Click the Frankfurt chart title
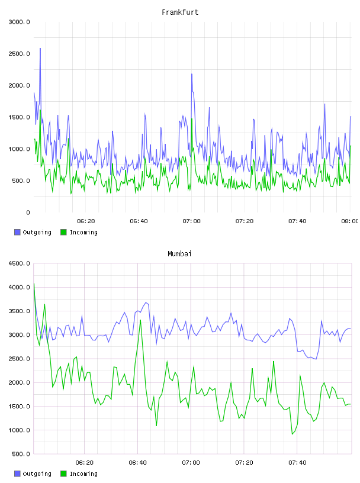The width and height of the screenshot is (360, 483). click(x=180, y=12)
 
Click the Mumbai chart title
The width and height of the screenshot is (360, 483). click(x=179, y=254)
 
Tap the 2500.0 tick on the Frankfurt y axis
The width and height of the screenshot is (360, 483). click(x=20, y=54)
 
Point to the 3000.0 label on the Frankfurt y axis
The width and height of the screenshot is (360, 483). click(x=20, y=22)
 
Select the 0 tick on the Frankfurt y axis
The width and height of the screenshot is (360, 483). click(x=28, y=212)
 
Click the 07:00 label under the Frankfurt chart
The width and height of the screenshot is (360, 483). click(x=191, y=221)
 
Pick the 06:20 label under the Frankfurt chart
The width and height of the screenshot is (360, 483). click(x=86, y=221)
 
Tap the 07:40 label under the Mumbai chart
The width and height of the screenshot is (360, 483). click(x=297, y=463)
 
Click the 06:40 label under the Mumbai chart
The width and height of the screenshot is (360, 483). click(x=138, y=463)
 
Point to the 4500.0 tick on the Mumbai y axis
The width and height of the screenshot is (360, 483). click(x=20, y=263)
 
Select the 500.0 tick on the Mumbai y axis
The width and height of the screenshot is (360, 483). click(x=21, y=454)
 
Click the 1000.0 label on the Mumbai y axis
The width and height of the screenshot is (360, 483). click(x=20, y=430)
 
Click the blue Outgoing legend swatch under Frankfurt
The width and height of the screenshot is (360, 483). click(x=17, y=232)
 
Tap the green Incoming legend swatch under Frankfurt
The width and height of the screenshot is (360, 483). click(x=63, y=232)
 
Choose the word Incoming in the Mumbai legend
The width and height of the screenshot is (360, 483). click(x=83, y=474)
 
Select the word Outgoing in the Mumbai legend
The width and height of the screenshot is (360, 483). click(x=37, y=474)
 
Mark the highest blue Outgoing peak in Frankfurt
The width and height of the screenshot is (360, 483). click(x=40, y=49)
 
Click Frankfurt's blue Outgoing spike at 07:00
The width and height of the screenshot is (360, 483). click(x=192, y=74)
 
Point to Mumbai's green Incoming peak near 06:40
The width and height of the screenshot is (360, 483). click(x=140, y=320)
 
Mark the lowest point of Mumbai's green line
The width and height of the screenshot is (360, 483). click(x=292, y=434)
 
